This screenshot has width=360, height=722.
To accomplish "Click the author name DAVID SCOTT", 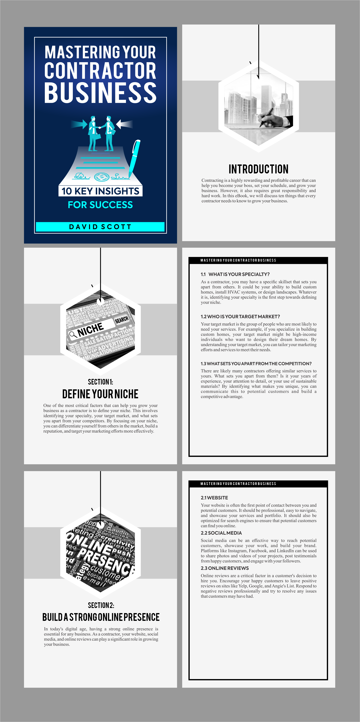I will coord(100,227).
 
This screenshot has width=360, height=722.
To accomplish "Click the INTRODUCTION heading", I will coord(258,169).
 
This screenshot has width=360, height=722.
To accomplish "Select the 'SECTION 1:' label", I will coord(100,382).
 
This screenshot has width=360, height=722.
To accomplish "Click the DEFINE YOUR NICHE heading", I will coord(100,394).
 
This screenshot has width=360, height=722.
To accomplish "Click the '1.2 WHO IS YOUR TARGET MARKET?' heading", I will coord(240,316).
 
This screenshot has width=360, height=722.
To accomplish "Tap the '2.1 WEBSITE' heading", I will coord(214,498).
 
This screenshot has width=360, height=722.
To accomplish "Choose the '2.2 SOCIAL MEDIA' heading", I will coord(221,533).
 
